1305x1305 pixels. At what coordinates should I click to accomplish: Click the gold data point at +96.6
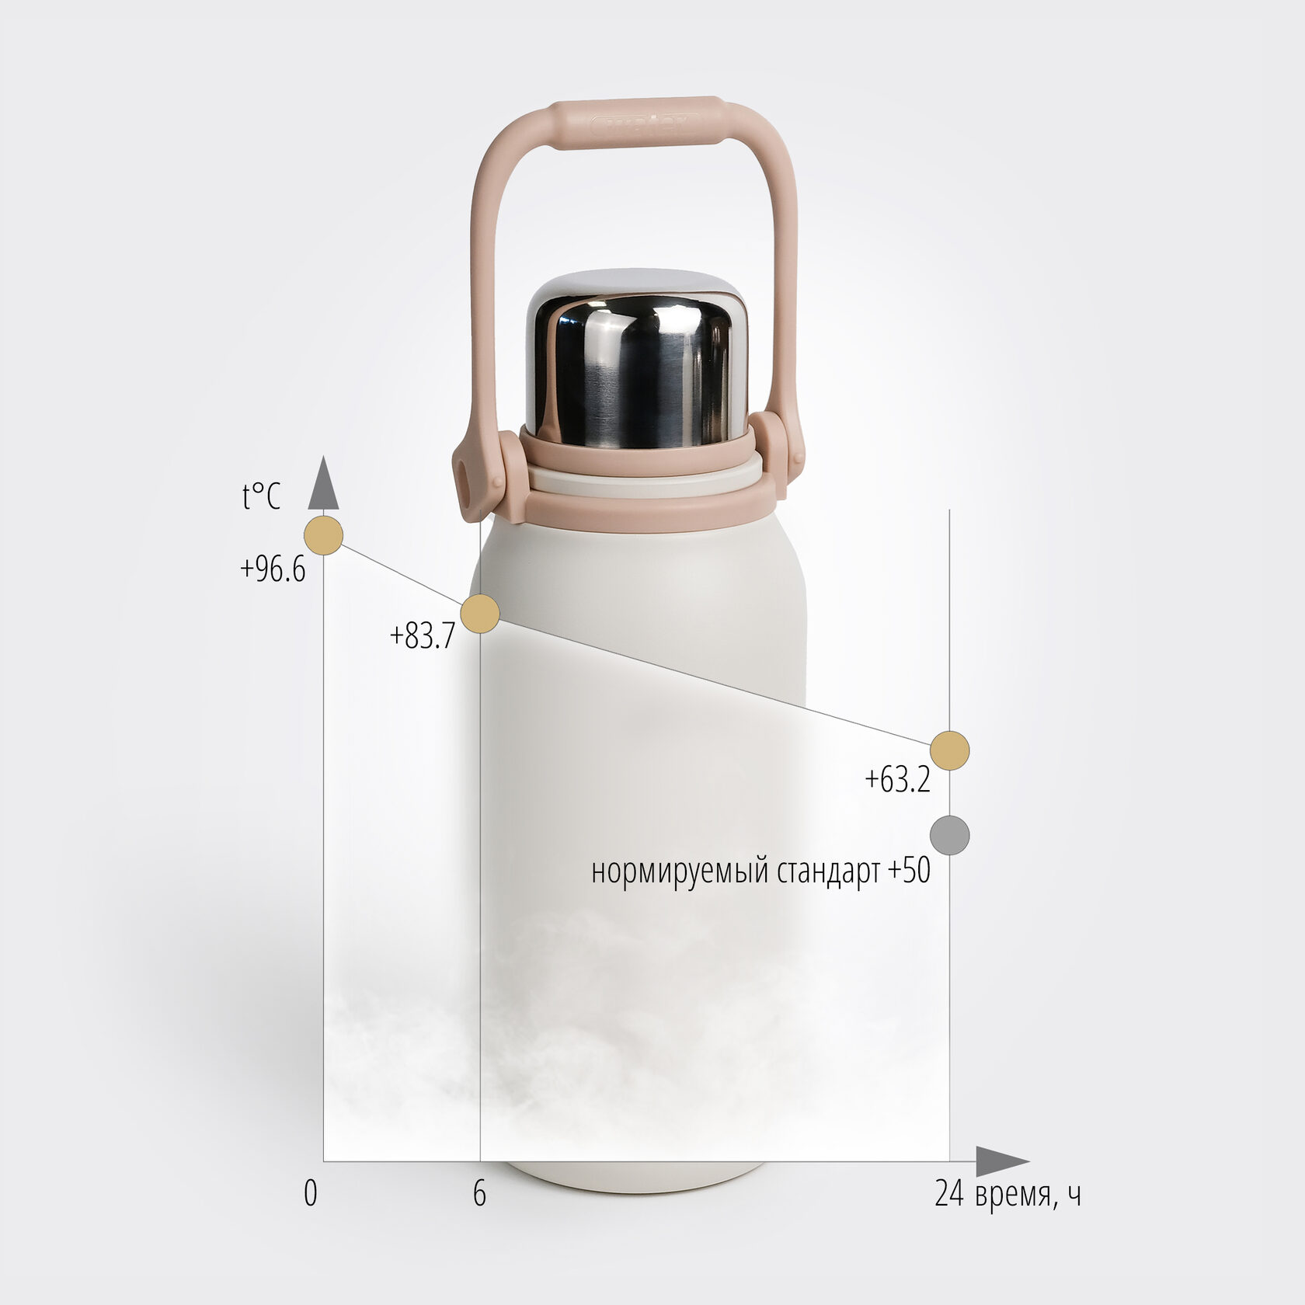point(323,535)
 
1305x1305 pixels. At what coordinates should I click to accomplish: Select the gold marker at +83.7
point(480,614)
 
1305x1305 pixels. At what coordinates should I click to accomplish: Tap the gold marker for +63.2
point(949,750)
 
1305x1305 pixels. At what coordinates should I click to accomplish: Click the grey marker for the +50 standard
point(949,835)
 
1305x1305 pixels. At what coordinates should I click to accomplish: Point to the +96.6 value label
point(273,569)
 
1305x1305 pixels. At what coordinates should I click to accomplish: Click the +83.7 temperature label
point(422,636)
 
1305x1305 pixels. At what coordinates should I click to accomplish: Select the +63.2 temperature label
point(897,779)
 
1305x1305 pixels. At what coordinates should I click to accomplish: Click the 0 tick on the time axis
point(311,1193)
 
